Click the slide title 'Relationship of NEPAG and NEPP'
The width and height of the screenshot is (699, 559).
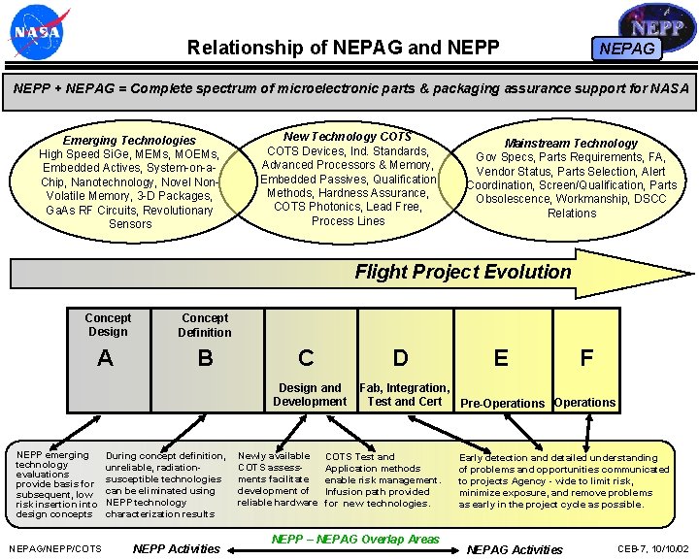point(343,48)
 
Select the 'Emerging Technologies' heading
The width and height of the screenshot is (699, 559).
point(129,141)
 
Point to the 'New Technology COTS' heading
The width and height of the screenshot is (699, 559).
point(348,137)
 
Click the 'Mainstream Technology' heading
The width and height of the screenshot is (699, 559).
point(571,144)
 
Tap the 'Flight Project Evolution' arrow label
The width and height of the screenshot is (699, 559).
point(463,272)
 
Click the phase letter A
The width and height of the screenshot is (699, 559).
point(105,358)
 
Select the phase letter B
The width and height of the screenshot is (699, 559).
point(205,358)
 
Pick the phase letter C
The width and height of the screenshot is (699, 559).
point(306,358)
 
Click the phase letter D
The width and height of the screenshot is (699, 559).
point(400,358)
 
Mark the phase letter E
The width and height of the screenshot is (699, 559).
point(501,358)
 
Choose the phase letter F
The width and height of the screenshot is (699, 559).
point(586,358)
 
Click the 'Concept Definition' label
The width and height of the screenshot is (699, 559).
point(205,325)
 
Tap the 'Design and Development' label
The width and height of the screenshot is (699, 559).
point(310,395)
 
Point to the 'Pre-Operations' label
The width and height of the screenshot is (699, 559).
point(502,403)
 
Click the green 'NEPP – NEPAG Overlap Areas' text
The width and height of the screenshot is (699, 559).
point(355,540)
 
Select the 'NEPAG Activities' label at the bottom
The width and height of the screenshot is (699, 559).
point(515,549)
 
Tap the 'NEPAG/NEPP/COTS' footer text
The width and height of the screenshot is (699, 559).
point(55,549)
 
